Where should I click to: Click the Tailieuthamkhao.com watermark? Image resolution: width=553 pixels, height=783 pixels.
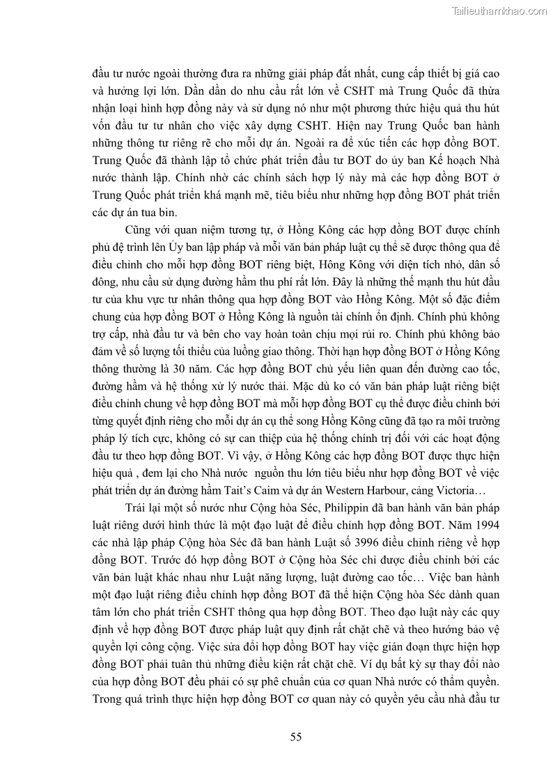pyautogui.click(x=499, y=11)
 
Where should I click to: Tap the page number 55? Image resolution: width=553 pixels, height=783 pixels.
pyautogui.click(x=296, y=737)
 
